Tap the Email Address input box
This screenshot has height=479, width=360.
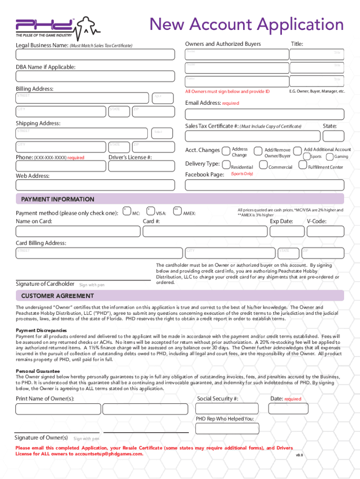coord(264,115)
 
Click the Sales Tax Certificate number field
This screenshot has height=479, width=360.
coord(250,136)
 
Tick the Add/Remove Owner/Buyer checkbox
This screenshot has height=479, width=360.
coord(258,151)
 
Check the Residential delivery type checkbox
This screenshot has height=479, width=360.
coord(226,165)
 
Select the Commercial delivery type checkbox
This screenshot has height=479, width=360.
coord(263,165)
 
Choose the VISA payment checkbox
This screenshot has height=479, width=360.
coord(151,211)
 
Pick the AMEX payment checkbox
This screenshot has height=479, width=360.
coord(177,211)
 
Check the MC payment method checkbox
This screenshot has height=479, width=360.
coord(127,211)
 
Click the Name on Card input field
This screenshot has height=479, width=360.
coord(78,231)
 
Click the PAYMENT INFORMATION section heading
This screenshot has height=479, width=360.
coord(58,199)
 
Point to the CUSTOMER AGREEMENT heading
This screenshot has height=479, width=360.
coord(58,296)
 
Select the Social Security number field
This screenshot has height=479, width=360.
coord(230,409)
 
